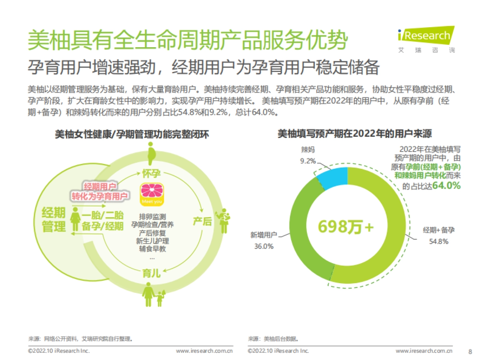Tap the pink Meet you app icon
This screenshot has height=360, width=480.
151,195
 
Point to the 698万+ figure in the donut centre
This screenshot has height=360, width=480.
345,226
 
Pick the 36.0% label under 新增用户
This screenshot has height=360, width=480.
264,246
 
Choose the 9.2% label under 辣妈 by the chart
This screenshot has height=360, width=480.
308,161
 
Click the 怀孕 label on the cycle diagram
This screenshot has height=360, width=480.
151,174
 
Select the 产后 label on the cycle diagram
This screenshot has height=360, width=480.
202,221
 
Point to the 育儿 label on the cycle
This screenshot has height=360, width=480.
151,274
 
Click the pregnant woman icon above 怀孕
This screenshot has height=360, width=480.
151,153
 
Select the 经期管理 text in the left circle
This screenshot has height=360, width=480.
54,220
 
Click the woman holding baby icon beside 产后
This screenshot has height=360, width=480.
224,220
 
